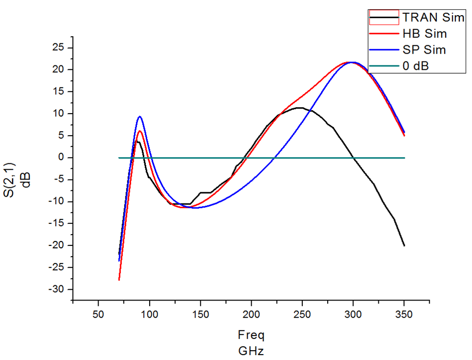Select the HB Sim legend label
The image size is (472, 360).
(x=425, y=34)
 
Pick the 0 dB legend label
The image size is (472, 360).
(x=416, y=66)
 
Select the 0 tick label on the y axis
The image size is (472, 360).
(x=61, y=158)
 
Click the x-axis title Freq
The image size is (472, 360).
(x=251, y=336)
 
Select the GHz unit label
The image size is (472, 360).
(x=251, y=350)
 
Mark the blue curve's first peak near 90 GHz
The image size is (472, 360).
(x=140, y=117)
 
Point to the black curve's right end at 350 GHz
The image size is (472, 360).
(x=404, y=245)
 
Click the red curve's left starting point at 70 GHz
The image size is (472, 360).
(x=119, y=280)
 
